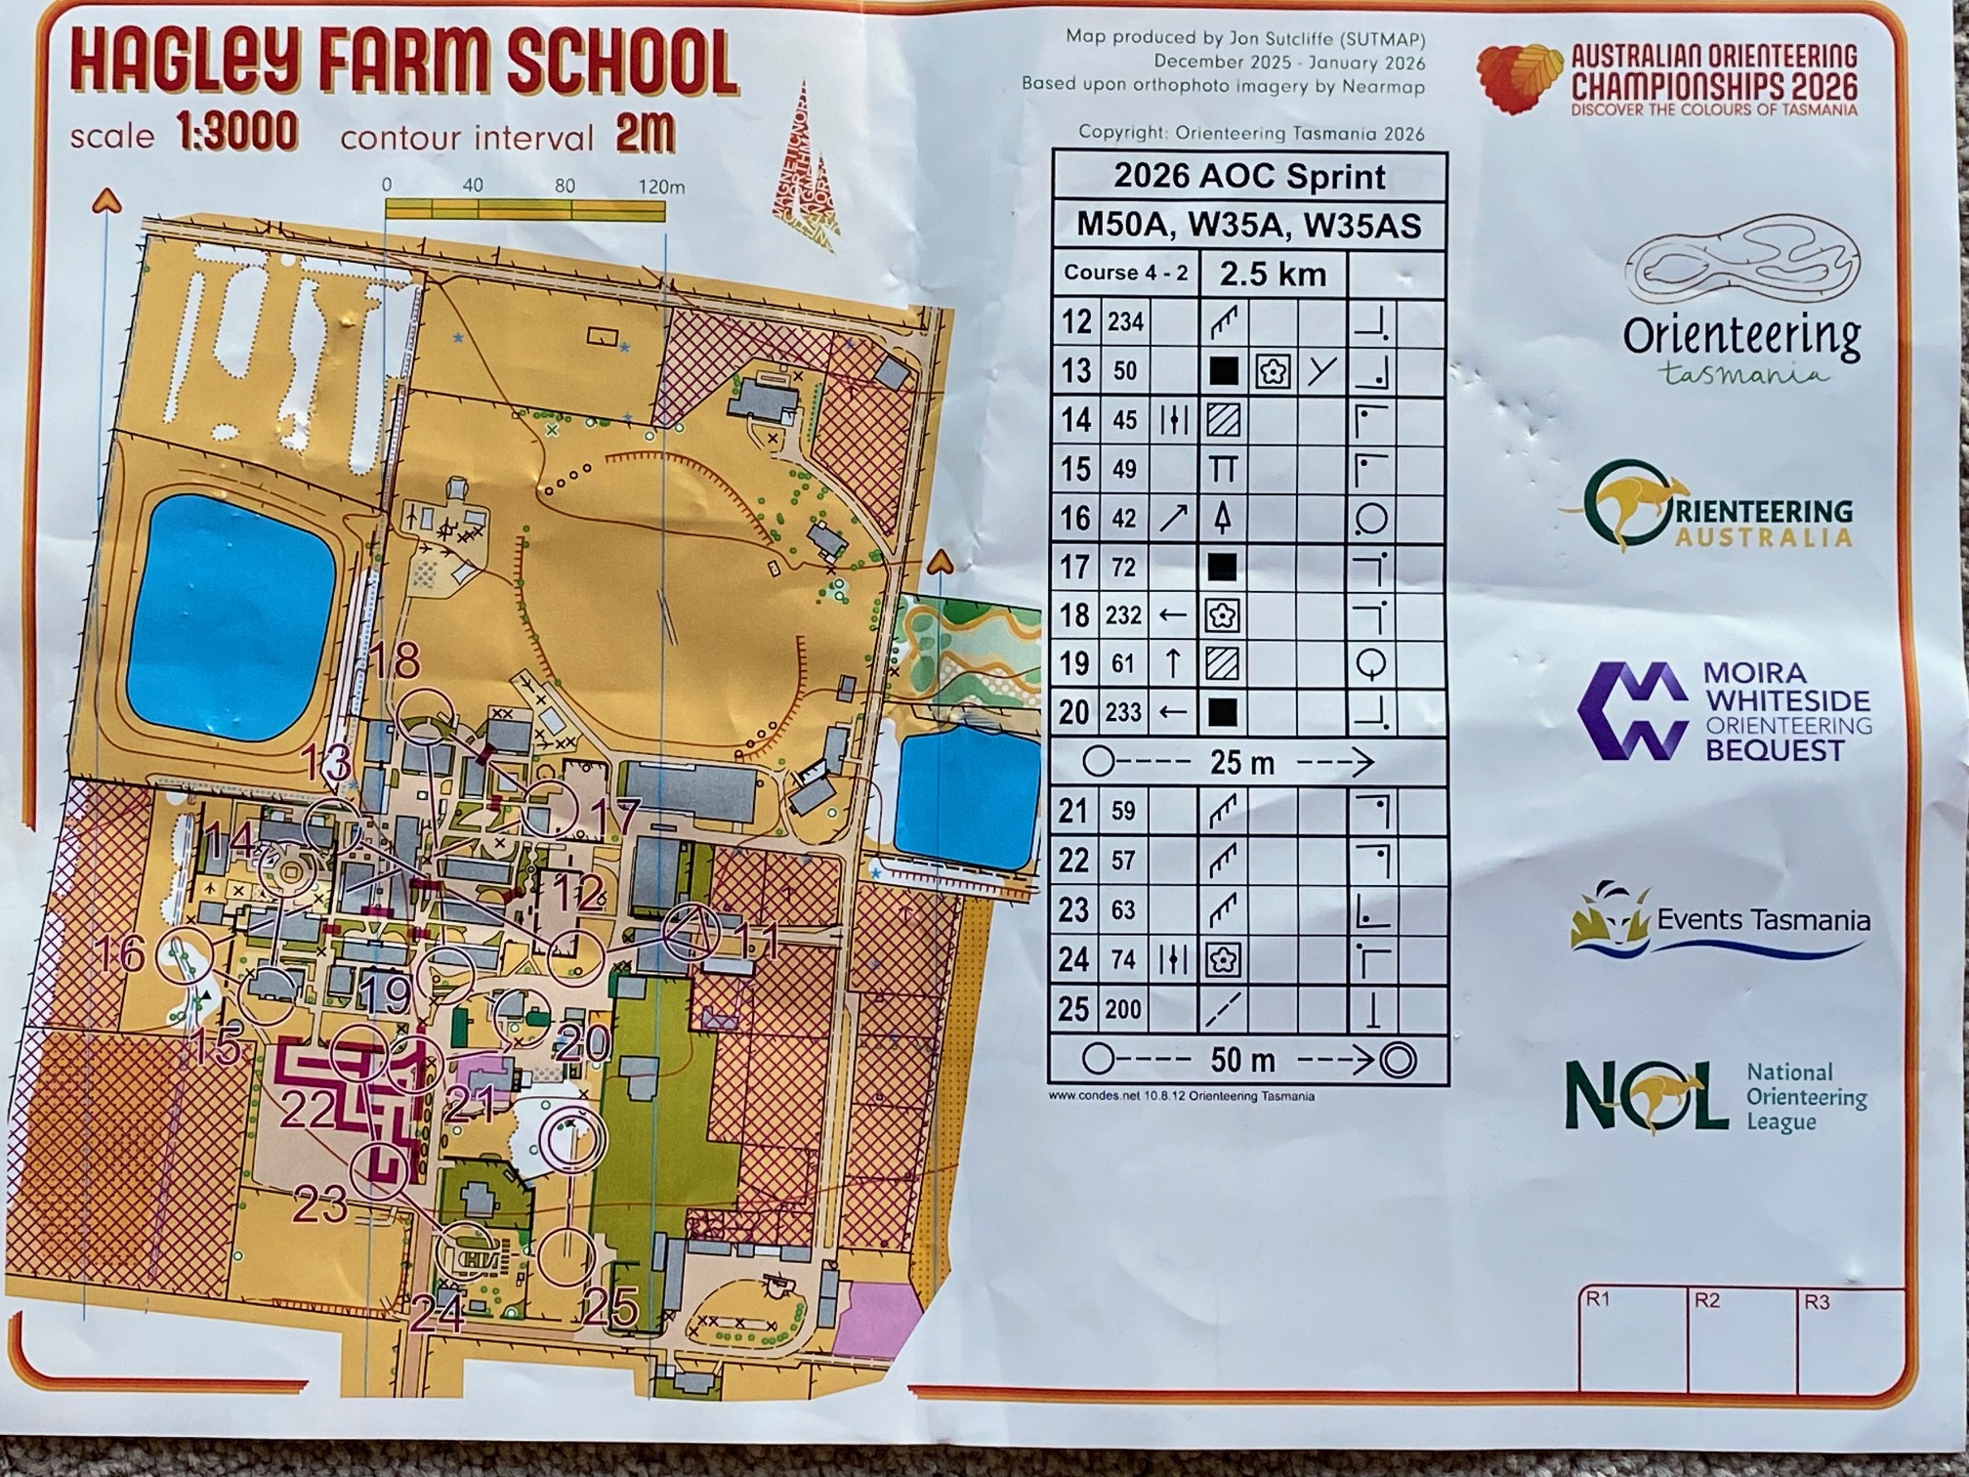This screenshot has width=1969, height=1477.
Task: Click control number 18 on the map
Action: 395,662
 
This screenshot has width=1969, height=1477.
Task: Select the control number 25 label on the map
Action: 611,1306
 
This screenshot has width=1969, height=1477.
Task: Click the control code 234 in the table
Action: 1125,322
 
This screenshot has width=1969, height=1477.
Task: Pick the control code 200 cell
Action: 1123,1009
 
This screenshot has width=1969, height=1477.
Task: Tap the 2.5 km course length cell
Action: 1273,274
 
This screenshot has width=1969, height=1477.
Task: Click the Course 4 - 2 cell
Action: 1126,274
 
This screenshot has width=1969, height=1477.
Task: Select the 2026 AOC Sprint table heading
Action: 1249,177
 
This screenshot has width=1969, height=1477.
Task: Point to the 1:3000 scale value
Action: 237,132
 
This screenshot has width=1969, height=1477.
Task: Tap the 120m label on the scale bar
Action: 661,187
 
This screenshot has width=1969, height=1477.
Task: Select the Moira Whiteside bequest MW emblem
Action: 1632,711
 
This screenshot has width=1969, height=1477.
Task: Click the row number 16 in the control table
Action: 1075,519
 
